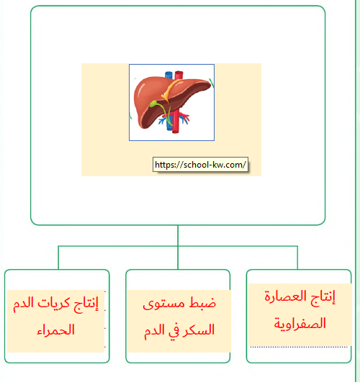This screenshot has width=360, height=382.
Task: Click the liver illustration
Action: click(x=171, y=102)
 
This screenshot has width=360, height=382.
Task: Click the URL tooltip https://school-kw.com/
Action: click(x=200, y=165)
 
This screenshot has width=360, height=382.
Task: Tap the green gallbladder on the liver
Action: click(x=153, y=104)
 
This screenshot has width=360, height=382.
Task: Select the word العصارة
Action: click(x=285, y=296)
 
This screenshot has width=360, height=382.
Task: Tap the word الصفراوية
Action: click(x=300, y=324)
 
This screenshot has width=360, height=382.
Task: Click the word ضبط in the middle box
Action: click(x=203, y=303)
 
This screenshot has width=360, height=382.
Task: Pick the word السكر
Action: click(x=198, y=330)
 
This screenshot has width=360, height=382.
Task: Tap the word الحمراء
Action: click(x=55, y=330)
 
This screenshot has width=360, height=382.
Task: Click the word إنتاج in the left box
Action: click(x=86, y=304)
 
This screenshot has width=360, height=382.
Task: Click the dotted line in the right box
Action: click(x=299, y=347)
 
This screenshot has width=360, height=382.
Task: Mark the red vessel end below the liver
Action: click(x=176, y=131)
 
